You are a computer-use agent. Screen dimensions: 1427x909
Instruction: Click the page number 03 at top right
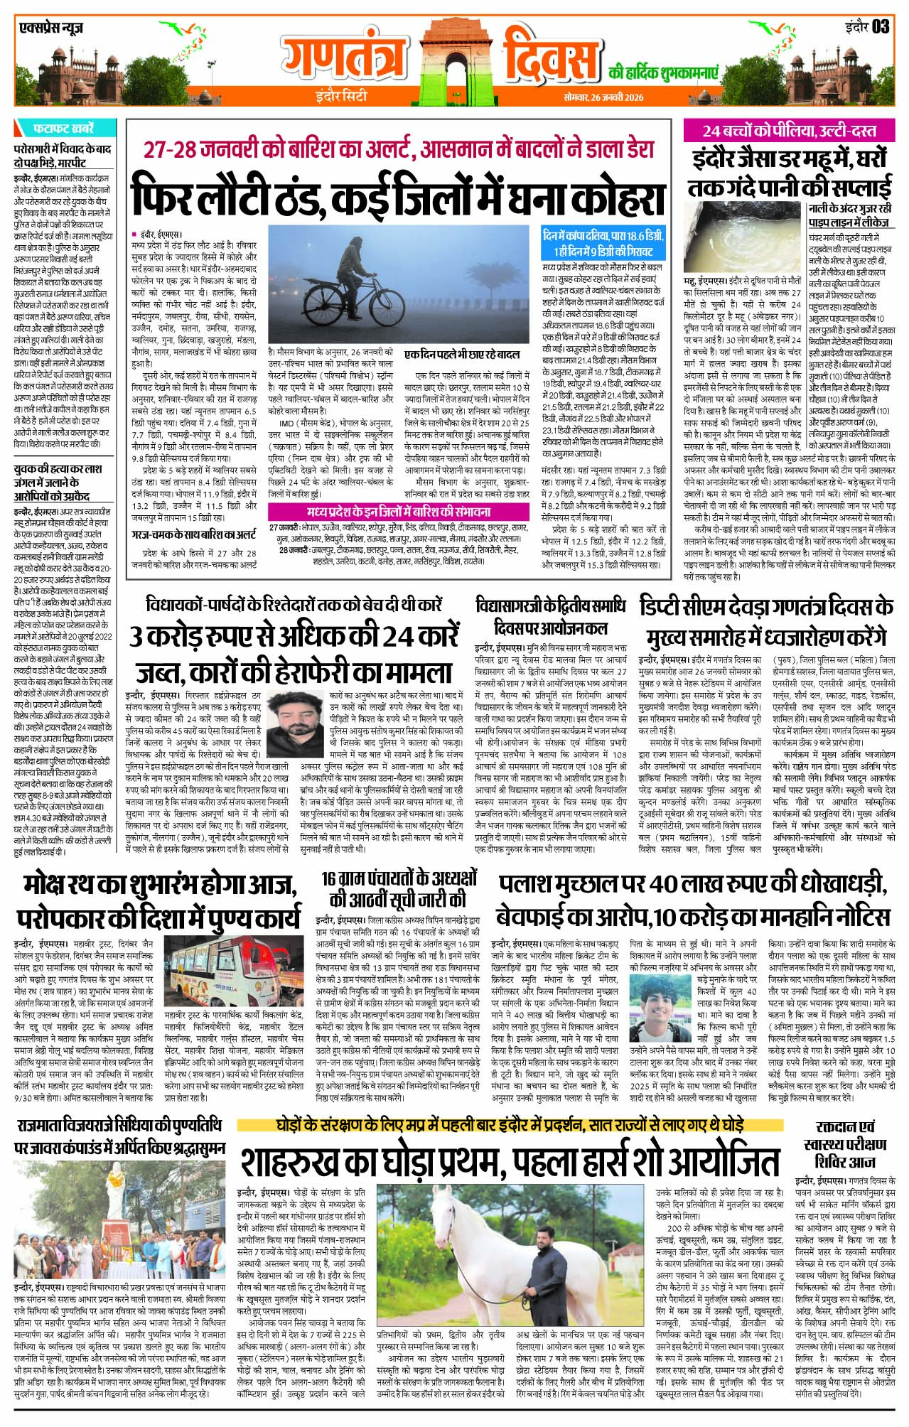[880, 26]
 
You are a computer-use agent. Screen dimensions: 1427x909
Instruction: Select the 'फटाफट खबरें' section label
[63, 129]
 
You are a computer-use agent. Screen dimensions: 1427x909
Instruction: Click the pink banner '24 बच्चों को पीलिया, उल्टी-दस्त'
[778, 131]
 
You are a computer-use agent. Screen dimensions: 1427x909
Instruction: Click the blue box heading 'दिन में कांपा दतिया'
[603, 243]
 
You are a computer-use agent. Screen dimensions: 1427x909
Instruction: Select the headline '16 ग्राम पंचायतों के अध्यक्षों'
[395, 888]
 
